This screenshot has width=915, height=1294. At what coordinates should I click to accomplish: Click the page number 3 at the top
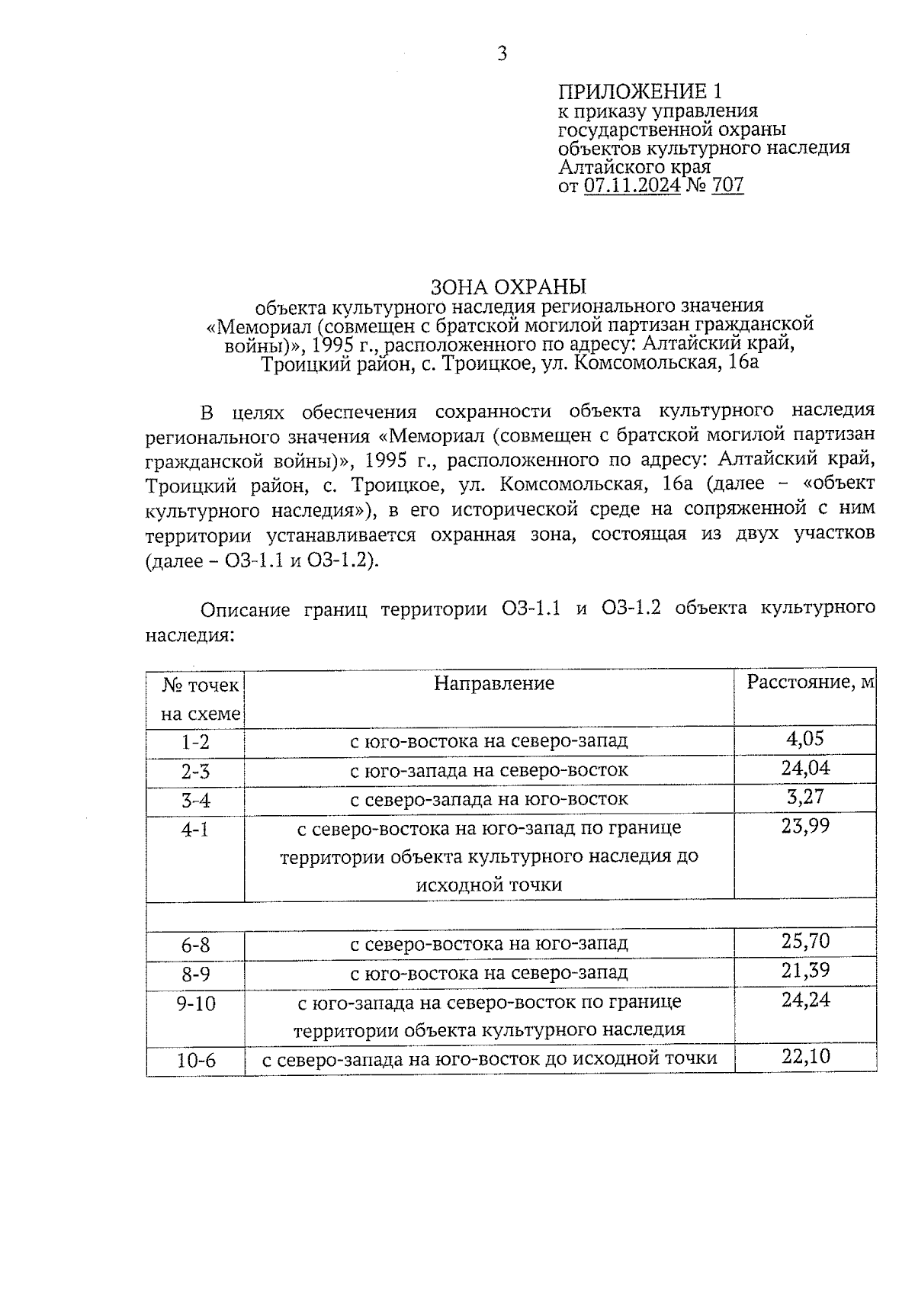[502, 53]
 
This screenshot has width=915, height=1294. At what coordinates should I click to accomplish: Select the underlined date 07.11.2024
[632, 185]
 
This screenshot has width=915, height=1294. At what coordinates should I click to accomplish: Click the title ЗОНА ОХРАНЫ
[509, 287]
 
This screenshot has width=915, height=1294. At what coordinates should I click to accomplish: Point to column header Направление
[494, 683]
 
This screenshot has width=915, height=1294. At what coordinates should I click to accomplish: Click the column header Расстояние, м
[810, 682]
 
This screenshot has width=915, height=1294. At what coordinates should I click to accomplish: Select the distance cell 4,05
[804, 739]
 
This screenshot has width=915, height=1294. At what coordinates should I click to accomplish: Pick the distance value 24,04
[805, 768]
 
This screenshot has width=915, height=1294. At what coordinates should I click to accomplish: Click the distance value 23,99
[805, 827]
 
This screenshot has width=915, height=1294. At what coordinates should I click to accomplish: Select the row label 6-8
[195, 946]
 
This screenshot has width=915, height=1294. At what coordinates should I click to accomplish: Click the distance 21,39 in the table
[805, 971]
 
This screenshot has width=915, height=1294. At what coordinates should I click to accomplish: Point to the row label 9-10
[196, 1003]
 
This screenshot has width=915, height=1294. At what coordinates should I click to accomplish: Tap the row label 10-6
[196, 1061]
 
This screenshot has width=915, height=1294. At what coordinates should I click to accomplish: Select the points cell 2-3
[195, 772]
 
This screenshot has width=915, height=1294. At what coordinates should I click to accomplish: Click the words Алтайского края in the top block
[634, 167]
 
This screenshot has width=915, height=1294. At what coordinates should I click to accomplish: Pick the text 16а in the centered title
[743, 363]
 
